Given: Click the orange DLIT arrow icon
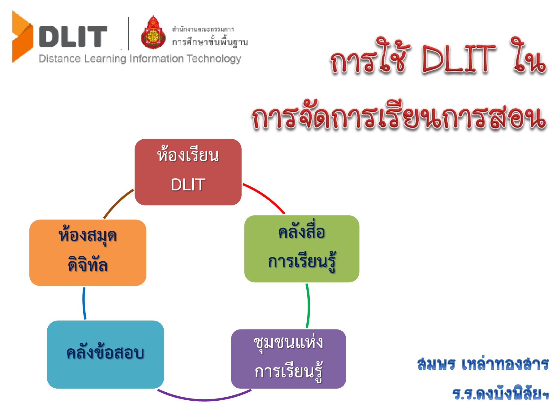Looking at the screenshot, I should (x=22, y=37).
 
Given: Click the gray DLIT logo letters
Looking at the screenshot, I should (x=73, y=37).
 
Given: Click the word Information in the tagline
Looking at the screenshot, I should (x=156, y=59).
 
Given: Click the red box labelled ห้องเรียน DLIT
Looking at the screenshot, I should (x=188, y=172).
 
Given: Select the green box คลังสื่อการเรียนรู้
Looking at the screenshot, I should (x=301, y=249).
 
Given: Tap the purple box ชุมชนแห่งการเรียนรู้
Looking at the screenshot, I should (x=288, y=359).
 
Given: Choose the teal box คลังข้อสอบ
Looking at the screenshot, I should (x=105, y=354).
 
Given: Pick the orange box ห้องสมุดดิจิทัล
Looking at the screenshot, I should (x=88, y=252).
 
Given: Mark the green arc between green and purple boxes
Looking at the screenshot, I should (x=308, y=305).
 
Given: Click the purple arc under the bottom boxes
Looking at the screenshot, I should (x=204, y=400).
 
